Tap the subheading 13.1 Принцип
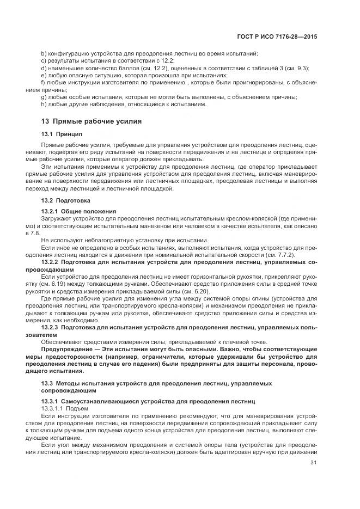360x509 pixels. pyautogui.click(x=62, y=134)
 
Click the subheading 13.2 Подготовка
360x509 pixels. pyautogui.click(x=66, y=200)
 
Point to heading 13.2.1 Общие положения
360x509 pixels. pyautogui.click(x=78, y=211)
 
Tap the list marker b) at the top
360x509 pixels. pyautogui.click(x=44, y=53)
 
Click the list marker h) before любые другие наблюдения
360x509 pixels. pyautogui.click(x=44, y=103)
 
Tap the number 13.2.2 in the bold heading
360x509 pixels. pyautogui.click(x=52, y=261)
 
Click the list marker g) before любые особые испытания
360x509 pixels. pyautogui.click(x=44, y=96)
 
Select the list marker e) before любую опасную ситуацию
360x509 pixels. pyautogui.click(x=44, y=75)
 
